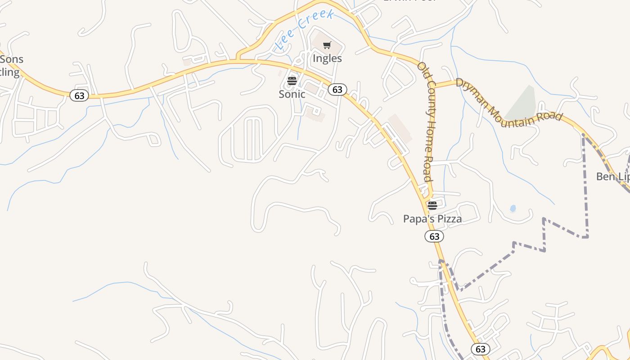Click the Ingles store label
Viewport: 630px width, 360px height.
pyautogui.click(x=327, y=58)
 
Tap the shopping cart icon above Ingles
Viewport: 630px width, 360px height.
pyautogui.click(x=327, y=45)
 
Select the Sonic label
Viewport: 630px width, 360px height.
pyautogui.click(x=292, y=94)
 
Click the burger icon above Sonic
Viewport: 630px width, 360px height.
pyautogui.click(x=292, y=81)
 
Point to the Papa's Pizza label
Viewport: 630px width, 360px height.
pyautogui.click(x=432, y=219)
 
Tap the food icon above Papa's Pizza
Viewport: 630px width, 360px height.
pyautogui.click(x=432, y=206)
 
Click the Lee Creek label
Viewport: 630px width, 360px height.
pyautogui.click(x=305, y=30)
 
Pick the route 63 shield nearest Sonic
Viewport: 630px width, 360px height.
pyautogui.click(x=337, y=90)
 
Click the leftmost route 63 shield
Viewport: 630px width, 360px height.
pyautogui.click(x=79, y=95)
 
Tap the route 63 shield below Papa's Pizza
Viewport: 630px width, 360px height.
pyautogui.click(x=434, y=236)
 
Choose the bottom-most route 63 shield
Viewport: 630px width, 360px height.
pyautogui.click(x=481, y=349)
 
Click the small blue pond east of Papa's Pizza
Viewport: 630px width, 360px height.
pyautogui.click(x=513, y=208)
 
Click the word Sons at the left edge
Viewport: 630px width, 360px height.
pyautogui.click(x=12, y=59)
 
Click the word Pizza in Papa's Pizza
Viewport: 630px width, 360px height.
pyautogui.click(x=447, y=219)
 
